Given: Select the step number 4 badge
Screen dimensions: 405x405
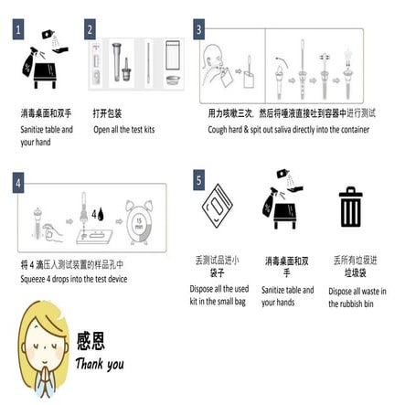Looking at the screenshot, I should [17, 181].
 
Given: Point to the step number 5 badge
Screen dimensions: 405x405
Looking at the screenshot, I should [199, 181].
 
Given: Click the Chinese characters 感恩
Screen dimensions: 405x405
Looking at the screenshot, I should [91, 342].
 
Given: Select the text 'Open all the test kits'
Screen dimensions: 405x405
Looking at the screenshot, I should [123, 129].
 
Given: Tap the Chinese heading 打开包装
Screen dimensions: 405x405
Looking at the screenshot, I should [107, 114].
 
